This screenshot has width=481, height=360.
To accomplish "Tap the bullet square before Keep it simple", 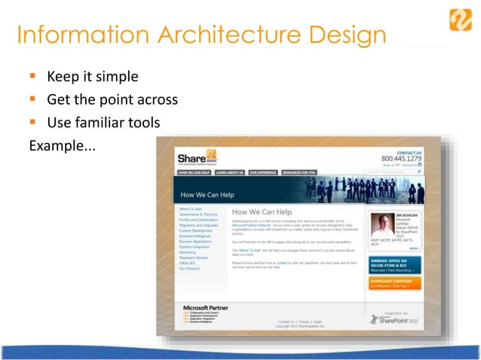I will pos(33,77).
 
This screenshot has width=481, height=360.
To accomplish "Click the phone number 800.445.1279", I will pos(402,159).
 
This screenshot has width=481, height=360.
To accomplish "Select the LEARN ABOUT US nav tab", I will pos(228,172).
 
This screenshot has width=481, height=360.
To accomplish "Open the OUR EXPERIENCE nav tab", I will pos(263,172).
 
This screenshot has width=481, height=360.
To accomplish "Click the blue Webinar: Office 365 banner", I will pos(394,264).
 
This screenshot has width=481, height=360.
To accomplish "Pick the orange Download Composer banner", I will pos(394,283).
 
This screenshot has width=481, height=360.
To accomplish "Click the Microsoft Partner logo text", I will pos(206,308).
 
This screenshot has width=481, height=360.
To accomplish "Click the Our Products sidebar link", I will pos(189,269).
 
